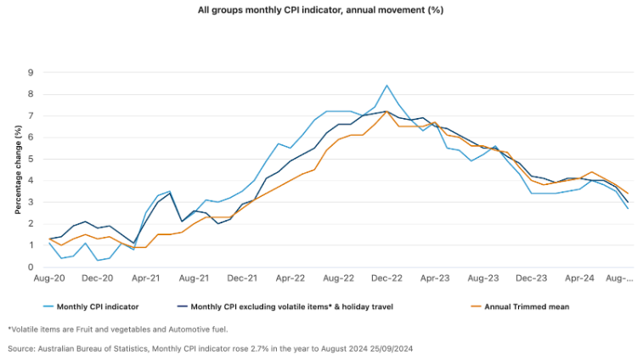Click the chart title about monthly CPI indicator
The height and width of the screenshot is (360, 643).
(x=321, y=10)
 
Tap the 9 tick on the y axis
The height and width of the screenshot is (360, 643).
(x=31, y=71)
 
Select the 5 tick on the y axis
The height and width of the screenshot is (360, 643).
(x=31, y=159)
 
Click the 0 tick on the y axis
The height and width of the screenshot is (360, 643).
(x=31, y=267)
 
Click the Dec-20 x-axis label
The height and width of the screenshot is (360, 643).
(x=98, y=278)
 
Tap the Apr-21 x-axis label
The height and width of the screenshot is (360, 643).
(x=146, y=278)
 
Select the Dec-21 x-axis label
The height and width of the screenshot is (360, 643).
(x=242, y=278)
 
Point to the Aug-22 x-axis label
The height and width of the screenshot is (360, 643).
(x=339, y=278)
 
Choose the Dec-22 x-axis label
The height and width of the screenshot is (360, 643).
(x=386, y=278)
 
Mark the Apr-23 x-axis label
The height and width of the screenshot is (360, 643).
(x=435, y=278)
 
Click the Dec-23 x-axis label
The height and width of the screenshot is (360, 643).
(x=531, y=278)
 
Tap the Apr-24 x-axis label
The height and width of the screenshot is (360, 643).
(x=579, y=278)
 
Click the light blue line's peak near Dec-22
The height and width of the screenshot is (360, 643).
(x=386, y=86)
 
